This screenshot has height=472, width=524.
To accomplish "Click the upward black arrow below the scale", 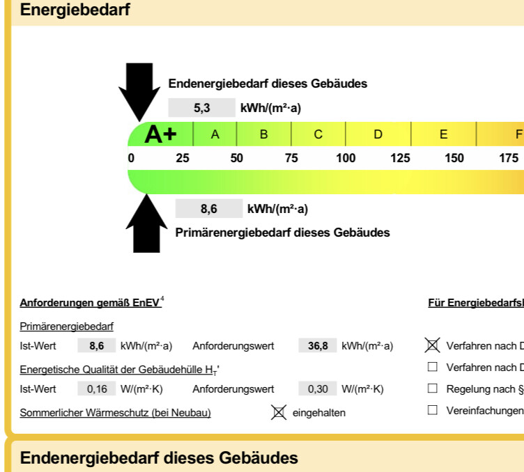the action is click(146, 224).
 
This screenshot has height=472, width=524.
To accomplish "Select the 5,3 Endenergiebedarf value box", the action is click(202, 108).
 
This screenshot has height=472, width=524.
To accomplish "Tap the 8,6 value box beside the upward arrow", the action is click(209, 209).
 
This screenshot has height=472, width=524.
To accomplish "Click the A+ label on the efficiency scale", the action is click(160, 134).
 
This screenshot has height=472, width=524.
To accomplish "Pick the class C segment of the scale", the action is click(318, 134).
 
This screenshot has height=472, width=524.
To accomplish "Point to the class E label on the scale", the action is click(443, 134).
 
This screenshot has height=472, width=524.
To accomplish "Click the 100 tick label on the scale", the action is click(346, 158).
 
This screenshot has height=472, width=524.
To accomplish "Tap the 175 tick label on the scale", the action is click(509, 158).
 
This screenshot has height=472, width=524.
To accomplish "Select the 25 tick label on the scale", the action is click(183, 158).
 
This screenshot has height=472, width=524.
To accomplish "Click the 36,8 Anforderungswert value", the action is click(318, 346).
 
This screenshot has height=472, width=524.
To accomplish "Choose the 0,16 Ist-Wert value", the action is click(97, 389).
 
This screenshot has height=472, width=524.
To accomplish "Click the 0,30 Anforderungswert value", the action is click(318, 389).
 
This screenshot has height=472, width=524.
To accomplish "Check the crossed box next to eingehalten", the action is click(279, 413).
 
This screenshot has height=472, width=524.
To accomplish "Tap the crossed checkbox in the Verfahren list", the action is click(433, 345).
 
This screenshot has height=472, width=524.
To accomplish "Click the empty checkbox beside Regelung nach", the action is click(433, 388).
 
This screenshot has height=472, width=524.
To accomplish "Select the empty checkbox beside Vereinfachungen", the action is click(433, 410).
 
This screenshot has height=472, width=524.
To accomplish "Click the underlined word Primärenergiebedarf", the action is click(66, 326).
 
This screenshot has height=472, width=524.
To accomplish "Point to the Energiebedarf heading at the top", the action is click(75, 9).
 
